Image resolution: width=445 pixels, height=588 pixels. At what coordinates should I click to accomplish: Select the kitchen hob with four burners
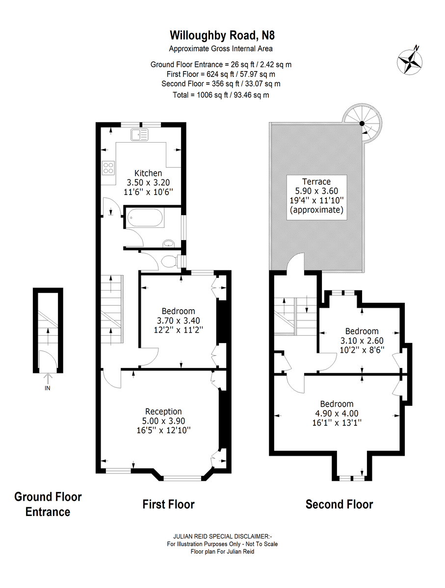click(x=108, y=168)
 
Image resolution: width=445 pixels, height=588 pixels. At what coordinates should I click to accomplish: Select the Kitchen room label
click(x=148, y=173)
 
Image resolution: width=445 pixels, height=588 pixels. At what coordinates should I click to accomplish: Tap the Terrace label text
click(x=316, y=181)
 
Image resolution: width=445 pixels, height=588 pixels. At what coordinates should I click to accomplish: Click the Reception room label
click(x=163, y=411)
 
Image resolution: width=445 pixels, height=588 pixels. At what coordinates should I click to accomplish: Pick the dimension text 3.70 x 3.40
click(x=178, y=320)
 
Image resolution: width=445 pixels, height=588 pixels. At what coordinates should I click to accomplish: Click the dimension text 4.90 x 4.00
click(x=337, y=413)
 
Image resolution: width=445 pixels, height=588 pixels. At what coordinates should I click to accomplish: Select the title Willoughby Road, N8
click(x=219, y=35)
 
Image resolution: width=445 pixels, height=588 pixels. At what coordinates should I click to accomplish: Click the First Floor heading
click(x=168, y=504)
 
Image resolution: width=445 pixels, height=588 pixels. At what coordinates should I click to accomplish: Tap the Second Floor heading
click(x=339, y=504)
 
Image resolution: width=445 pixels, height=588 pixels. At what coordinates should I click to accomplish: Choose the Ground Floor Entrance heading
click(x=48, y=504)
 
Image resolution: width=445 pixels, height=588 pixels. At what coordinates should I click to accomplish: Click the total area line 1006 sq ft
click(x=221, y=95)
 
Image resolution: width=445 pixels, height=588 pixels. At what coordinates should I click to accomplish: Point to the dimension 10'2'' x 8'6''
click(x=362, y=350)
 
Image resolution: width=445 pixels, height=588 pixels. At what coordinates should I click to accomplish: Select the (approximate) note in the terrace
click(x=316, y=210)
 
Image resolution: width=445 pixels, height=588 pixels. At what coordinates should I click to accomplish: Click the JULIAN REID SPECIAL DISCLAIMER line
click(x=222, y=536)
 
